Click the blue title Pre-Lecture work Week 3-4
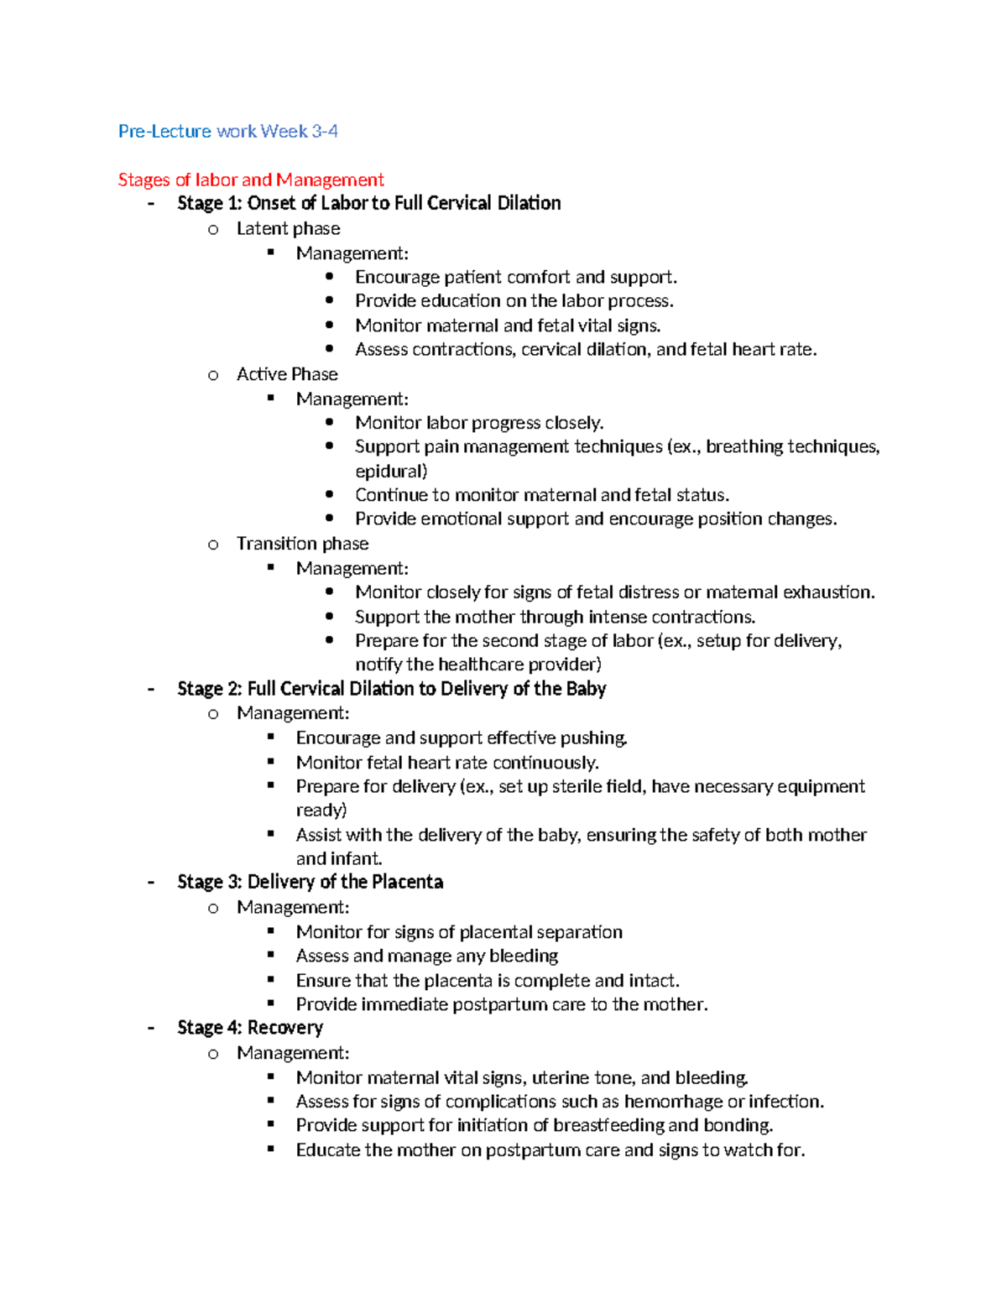point(227,131)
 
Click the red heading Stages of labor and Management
point(250,180)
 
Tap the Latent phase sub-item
point(288,228)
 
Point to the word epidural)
point(391,471)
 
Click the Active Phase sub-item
point(287,374)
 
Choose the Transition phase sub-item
point(302,544)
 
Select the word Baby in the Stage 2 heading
point(586,689)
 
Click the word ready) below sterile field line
point(321,810)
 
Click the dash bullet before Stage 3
point(151,882)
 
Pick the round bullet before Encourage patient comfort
point(329,276)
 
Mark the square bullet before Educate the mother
point(271,1149)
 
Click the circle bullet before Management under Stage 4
point(213,1054)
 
